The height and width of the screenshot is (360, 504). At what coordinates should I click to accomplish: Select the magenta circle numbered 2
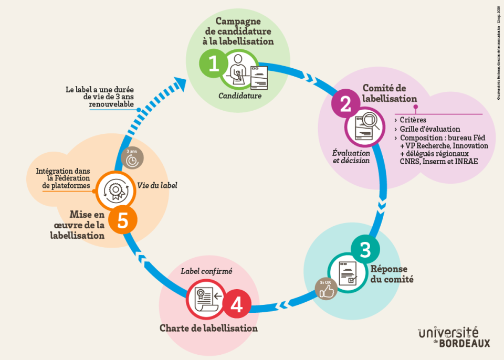pos(345,105)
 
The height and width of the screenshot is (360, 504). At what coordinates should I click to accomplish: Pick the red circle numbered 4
pos(237,305)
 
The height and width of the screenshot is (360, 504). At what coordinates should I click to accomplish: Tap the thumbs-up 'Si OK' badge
pos(326,289)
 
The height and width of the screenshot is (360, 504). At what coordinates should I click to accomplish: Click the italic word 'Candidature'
pos(240,96)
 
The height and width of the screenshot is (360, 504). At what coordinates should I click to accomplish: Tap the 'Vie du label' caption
pos(157,185)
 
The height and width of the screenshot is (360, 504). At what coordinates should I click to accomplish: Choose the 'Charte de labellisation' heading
pos(208,328)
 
